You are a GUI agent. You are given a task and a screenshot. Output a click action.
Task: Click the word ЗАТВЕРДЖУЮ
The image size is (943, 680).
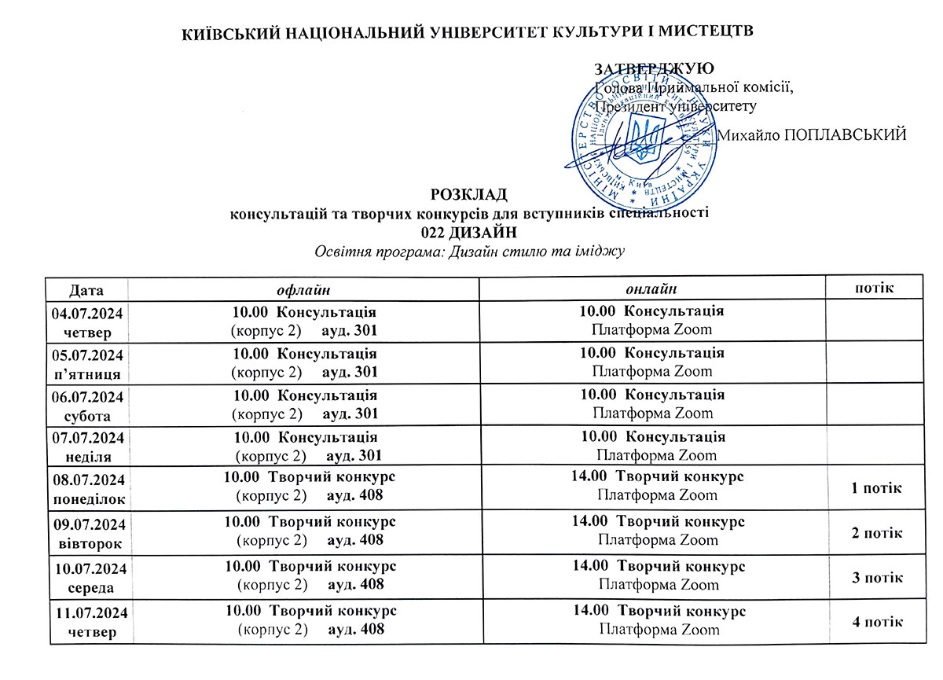pyautogui.click(x=655, y=68)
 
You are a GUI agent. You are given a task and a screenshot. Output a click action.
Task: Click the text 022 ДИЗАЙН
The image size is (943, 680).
pyautogui.click(x=469, y=232)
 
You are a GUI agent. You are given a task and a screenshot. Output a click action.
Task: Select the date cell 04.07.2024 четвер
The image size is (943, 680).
pyautogui.click(x=88, y=322)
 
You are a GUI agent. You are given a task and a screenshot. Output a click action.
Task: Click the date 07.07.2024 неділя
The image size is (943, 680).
pyautogui.click(x=89, y=447)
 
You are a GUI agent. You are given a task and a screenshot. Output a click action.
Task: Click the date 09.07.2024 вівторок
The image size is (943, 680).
pyautogui.click(x=89, y=533)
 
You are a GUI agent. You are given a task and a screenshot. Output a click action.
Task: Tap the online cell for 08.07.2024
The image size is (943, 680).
pyautogui.click(x=658, y=486)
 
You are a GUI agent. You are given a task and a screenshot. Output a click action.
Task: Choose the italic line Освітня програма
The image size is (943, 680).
pyautogui.click(x=469, y=252)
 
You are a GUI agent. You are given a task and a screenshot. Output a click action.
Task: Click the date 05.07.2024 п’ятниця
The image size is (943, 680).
pyautogui.click(x=89, y=362)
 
